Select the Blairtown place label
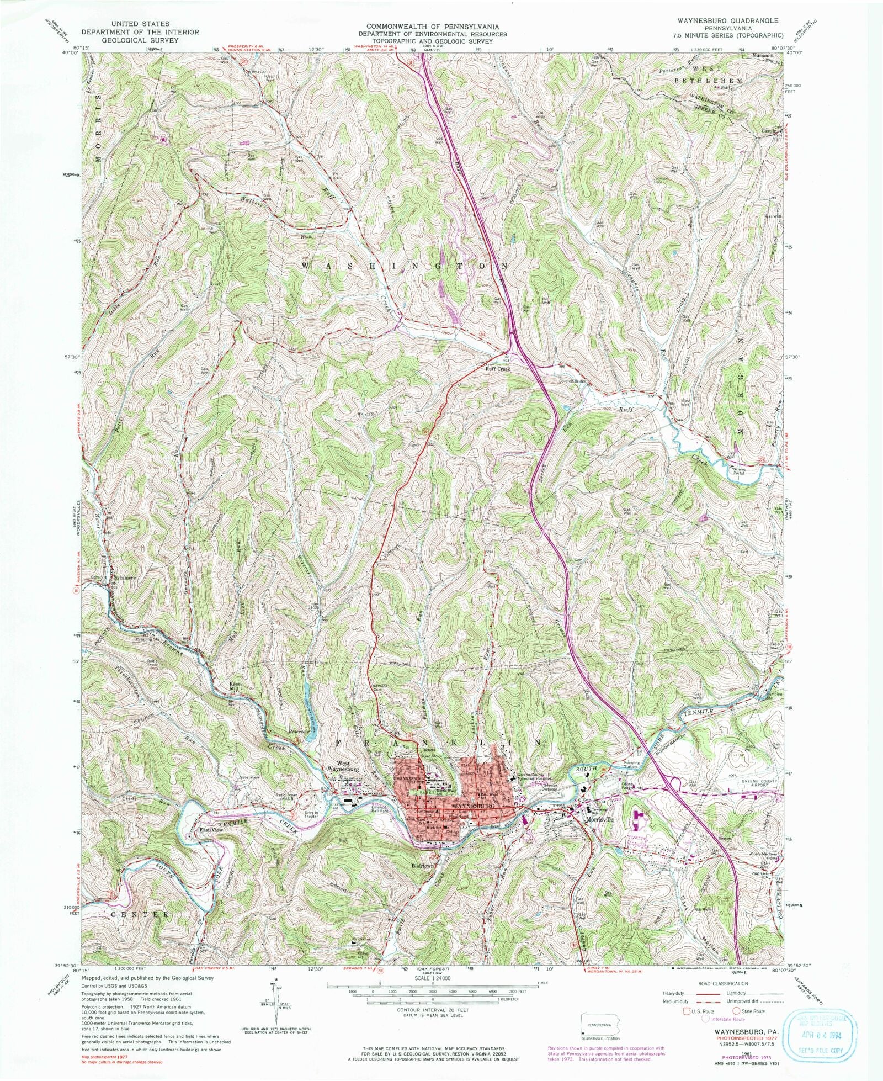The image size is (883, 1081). tap(424, 866)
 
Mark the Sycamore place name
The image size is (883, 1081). tap(124, 577)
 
